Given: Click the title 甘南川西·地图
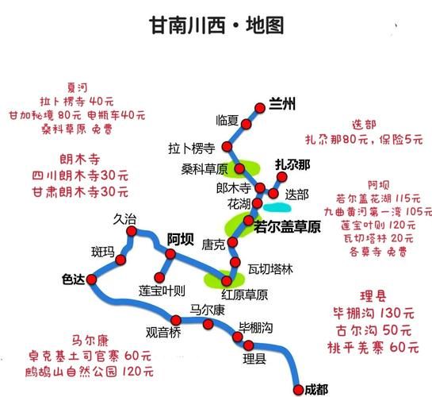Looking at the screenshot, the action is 216,25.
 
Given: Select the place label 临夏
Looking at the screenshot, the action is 227,120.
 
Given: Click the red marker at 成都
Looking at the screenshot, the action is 297,388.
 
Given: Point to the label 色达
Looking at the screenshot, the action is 73,279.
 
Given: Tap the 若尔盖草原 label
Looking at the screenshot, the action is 286,227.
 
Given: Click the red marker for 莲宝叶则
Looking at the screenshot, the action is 162,276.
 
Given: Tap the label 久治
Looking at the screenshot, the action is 124,218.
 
